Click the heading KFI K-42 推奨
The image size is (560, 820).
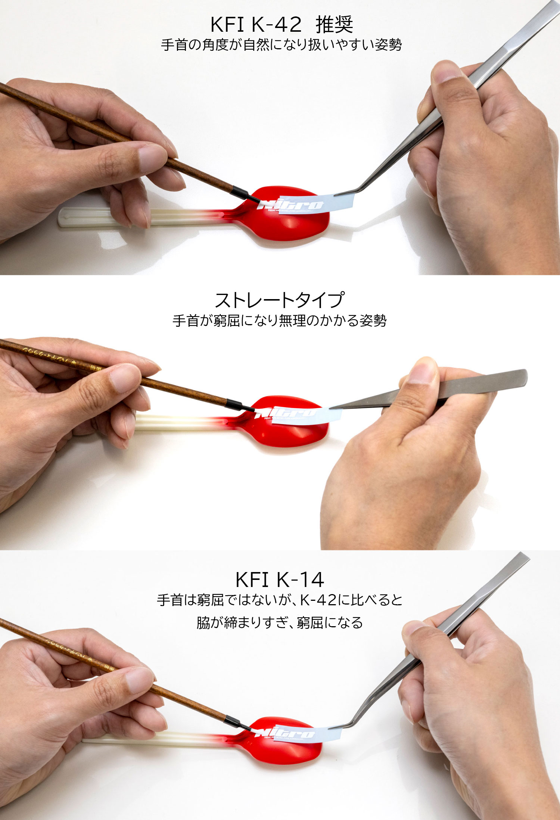[x=281, y=25]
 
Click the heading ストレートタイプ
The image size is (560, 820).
[x=279, y=300]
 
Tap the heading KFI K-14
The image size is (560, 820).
[x=279, y=580]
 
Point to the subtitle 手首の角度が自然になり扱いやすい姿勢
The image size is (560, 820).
[x=281, y=45]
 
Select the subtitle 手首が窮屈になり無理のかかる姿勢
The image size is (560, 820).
[x=279, y=320]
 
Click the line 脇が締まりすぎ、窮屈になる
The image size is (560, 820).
[x=279, y=622]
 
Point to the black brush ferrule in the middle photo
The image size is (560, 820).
[x=234, y=404]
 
